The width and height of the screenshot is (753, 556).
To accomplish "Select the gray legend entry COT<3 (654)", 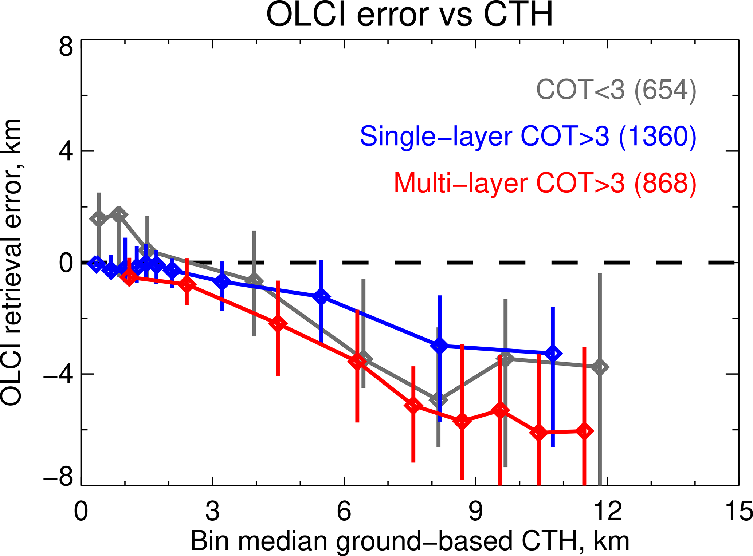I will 616,90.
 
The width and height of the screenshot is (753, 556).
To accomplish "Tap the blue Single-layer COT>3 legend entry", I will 528,137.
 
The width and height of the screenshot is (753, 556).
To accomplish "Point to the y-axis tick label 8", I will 66,48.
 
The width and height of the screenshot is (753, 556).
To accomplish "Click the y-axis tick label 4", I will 66,151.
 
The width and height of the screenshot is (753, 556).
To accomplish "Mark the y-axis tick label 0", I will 66,263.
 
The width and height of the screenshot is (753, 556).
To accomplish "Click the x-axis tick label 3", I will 212,511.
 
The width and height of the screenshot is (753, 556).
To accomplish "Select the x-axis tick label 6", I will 344,511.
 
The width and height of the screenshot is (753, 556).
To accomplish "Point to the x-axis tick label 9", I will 475,511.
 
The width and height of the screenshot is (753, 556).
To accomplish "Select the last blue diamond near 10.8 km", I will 553,353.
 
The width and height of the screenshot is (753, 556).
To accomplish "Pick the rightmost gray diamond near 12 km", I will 600,367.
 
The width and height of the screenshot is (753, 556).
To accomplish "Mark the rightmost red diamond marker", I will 584,431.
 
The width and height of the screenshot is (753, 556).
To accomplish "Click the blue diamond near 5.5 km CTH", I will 321,297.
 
